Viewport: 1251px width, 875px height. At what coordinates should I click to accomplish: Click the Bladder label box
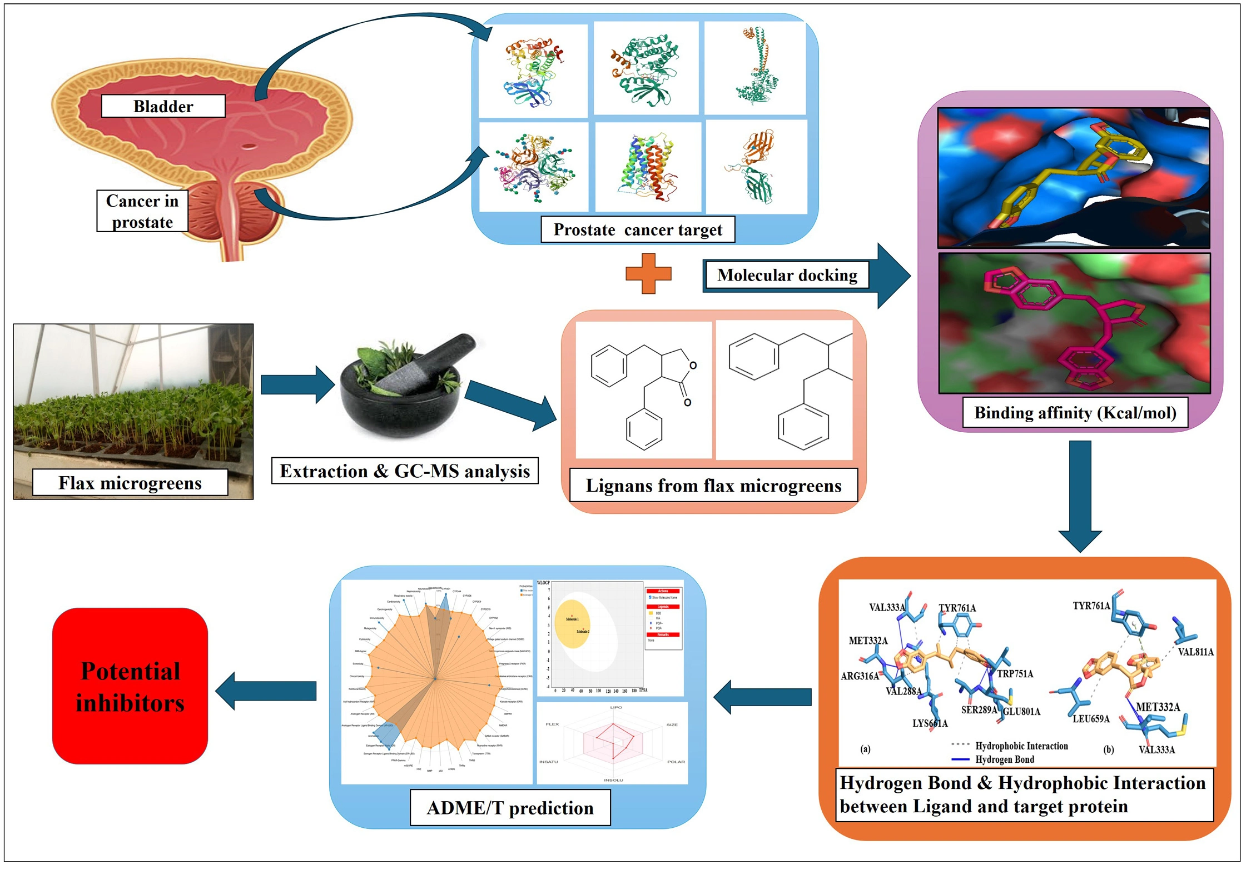click(163, 106)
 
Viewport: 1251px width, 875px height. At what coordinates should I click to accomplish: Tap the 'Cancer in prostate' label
click(142, 211)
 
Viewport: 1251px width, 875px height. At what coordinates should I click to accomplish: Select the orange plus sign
click(648, 273)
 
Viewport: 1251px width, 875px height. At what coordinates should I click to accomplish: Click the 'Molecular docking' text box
click(786, 275)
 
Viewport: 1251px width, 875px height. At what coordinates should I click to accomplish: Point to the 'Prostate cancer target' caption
click(637, 229)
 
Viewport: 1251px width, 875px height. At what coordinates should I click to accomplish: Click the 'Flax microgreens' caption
click(130, 482)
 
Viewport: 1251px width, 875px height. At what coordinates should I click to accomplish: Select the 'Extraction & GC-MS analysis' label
click(404, 471)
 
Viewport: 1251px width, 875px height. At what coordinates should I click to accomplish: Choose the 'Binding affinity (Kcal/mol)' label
click(1074, 412)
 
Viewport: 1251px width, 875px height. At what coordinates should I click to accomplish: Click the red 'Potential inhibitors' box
click(130, 686)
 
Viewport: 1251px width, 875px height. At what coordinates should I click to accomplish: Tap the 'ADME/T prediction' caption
click(509, 807)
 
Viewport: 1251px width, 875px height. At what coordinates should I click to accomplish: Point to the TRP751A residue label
click(1015, 674)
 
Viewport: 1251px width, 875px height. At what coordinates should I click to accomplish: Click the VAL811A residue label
click(1195, 652)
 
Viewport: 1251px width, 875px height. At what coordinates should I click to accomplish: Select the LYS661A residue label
click(930, 723)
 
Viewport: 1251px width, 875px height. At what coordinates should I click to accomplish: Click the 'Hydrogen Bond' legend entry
click(1004, 759)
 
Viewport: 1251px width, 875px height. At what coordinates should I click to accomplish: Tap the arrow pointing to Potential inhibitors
click(266, 691)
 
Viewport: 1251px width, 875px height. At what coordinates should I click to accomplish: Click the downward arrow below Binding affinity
click(1080, 494)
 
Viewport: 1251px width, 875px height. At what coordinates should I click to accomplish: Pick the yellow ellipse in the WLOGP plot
click(573, 623)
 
